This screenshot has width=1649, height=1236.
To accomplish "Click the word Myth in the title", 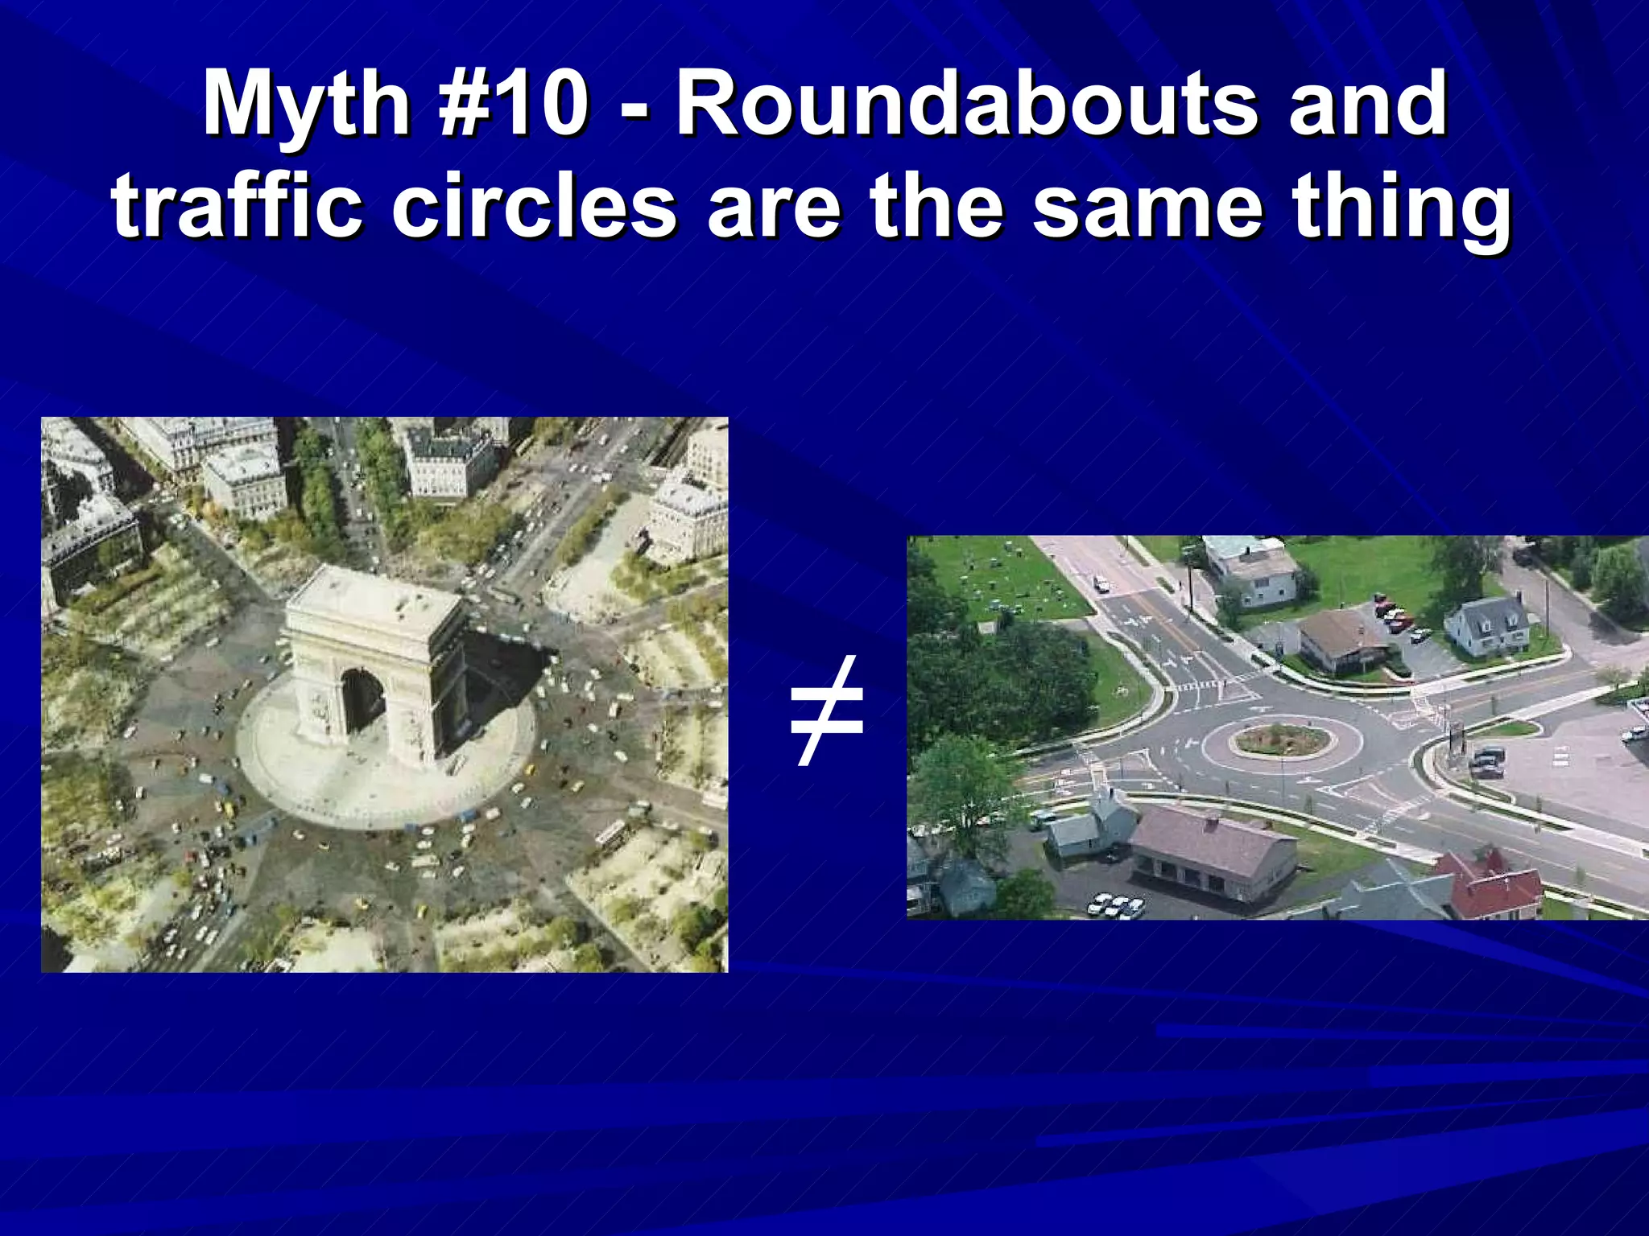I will pos(307,105).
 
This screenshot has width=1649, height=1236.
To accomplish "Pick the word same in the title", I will pos(1148,208).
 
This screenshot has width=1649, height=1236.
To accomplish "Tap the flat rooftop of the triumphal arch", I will pos(374,599).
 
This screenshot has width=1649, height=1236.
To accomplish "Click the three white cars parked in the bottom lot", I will pos(1116,905).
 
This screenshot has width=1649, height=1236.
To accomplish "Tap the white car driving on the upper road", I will pos(1101,581).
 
